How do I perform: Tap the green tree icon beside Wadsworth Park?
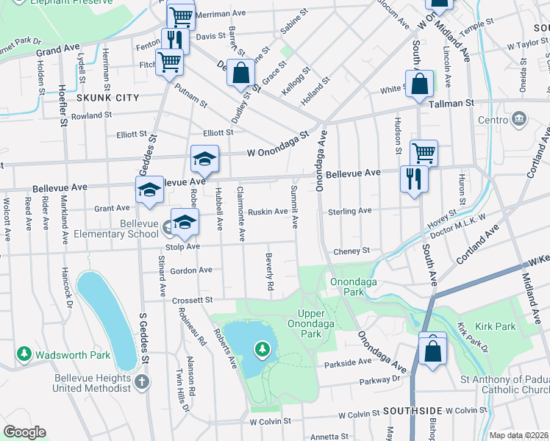click(x=24, y=355)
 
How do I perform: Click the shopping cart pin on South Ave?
click(x=424, y=153)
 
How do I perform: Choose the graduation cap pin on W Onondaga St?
click(x=204, y=158)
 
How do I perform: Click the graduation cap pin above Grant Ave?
click(x=149, y=190)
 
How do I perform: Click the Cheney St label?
click(x=351, y=251)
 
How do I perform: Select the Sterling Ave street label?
click(x=349, y=211)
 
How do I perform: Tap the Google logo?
click(x=24, y=432)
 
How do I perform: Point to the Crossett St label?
click(x=192, y=300)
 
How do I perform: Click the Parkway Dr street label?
click(x=379, y=379)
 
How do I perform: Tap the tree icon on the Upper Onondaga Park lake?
click(x=262, y=348)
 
